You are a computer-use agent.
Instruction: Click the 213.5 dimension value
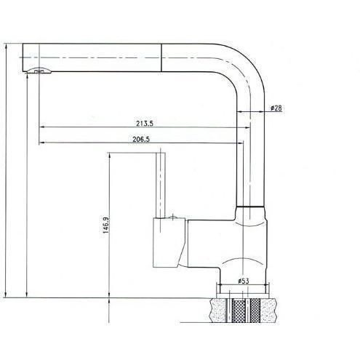145,124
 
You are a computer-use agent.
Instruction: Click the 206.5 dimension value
141,140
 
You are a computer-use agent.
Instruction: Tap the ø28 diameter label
276,108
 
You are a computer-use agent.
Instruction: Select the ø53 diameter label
244,281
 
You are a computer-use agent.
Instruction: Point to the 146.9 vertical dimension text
106,225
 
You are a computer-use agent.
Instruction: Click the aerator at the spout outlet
39,71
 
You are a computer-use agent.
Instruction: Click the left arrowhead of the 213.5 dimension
41,127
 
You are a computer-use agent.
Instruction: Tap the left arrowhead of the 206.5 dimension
41,143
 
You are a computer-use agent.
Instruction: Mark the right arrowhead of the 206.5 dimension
240,143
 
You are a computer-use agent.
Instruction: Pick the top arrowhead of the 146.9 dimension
110,155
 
